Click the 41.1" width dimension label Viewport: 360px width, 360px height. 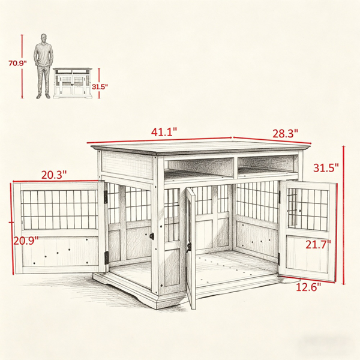pyautogui.click(x=164, y=132)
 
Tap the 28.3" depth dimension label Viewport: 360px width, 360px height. pyautogui.click(x=285, y=133)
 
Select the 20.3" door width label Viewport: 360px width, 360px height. pyautogui.click(x=54, y=175)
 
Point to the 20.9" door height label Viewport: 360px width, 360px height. pyautogui.click(x=26, y=241)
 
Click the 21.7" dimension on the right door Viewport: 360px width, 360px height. pyautogui.click(x=318, y=244)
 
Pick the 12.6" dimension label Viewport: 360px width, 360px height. pyautogui.click(x=308, y=287)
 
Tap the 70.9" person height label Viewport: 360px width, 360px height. pyautogui.click(x=17, y=63)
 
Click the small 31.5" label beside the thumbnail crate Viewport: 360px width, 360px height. pyautogui.click(x=100, y=87)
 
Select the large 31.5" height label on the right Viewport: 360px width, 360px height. pyautogui.click(x=326, y=168)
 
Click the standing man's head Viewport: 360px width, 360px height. pyautogui.click(x=44, y=38)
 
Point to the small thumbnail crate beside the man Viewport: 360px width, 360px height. pyautogui.click(x=73, y=83)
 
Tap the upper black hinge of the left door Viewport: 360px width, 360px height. pyautogui.click(x=106, y=197)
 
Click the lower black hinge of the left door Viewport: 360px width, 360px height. pyautogui.click(x=107, y=258)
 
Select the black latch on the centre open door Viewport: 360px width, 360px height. pyautogui.click(x=189, y=247)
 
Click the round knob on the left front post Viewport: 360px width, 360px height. pyautogui.click(x=152, y=236)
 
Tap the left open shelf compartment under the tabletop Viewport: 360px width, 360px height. pyautogui.click(x=199, y=167)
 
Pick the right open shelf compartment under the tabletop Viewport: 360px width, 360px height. pyautogui.click(x=266, y=164)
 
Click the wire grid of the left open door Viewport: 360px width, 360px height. pyautogui.click(x=60, y=209)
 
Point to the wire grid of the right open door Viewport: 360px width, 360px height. pyautogui.click(x=308, y=210)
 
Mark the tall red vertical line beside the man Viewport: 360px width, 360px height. pyautogui.click(x=22, y=67)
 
